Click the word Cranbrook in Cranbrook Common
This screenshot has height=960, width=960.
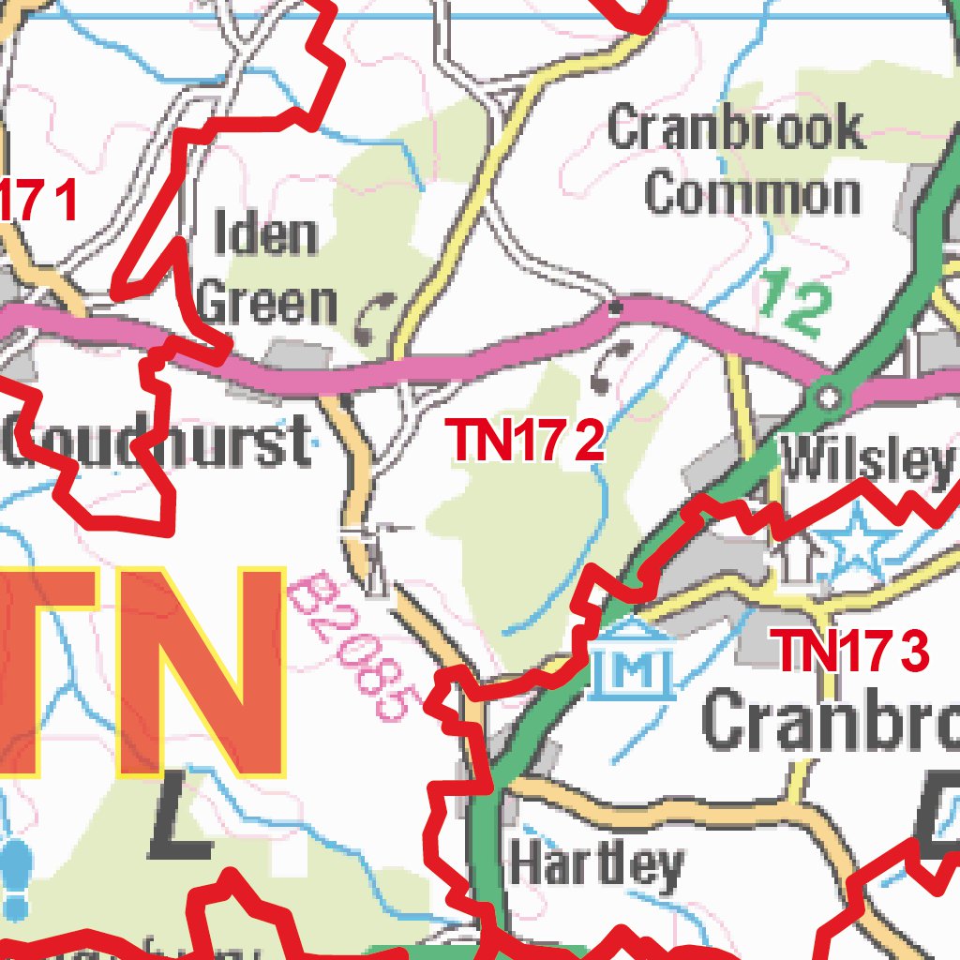[x=735, y=128]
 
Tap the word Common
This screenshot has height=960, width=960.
[x=752, y=194]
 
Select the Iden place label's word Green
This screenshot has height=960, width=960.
[x=268, y=304]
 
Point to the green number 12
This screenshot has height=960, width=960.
[x=795, y=303]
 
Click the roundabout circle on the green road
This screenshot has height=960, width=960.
[x=828, y=397]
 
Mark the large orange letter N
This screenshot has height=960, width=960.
[x=199, y=672]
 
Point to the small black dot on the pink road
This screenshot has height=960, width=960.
[x=616, y=307]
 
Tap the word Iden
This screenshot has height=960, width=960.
[x=266, y=234]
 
